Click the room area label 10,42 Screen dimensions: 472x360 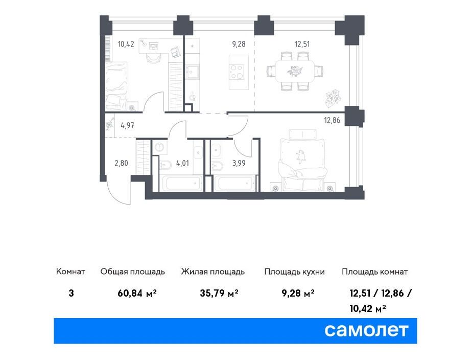coord(126,44)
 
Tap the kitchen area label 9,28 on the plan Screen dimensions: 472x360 coord(239,44)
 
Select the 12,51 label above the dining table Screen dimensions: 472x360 coord(302,44)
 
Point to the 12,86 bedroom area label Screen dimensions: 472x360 coord(332,121)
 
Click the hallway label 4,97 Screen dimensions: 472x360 coord(127,125)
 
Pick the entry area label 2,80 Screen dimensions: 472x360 coord(121,163)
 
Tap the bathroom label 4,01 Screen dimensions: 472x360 coord(182,163)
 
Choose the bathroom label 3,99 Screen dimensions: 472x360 coord(239,163)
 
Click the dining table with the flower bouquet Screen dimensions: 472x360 coord(295,72)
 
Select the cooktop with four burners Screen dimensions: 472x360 coord(236,72)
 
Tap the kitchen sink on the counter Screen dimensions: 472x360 coord(192,72)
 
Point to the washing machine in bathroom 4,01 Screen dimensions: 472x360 coord(159,147)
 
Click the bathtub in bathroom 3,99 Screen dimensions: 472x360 coord(234,183)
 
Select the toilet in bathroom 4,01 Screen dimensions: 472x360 coord(166,165)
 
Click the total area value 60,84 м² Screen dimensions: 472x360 coord(137,293)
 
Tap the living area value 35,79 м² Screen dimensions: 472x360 coord(219,293)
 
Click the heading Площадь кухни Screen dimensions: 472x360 coord(294,272)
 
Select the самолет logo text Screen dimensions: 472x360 coord(366,330)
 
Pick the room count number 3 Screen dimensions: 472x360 coord(72,293)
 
